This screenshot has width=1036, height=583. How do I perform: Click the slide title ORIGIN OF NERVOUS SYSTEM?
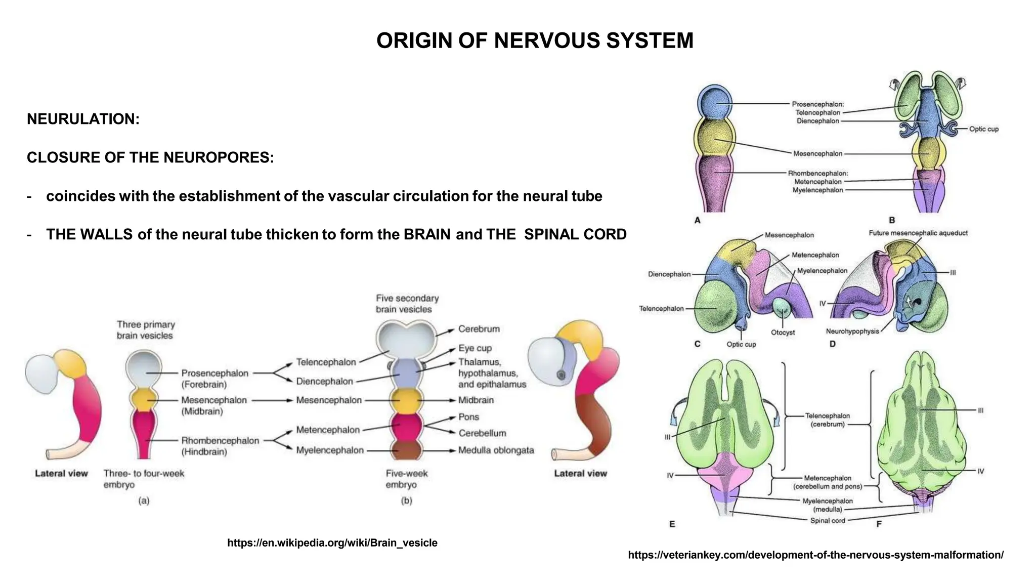click(535, 41)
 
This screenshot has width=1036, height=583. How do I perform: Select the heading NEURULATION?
click(83, 119)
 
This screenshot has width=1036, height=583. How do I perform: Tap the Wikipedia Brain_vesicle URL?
click(332, 543)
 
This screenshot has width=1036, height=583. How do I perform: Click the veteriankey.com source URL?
click(815, 555)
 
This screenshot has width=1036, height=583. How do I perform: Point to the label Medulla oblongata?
click(496, 450)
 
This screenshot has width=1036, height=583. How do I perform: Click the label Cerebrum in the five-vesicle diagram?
click(479, 329)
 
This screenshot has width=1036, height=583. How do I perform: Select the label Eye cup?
click(474, 348)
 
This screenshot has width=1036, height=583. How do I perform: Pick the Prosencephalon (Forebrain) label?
click(214, 379)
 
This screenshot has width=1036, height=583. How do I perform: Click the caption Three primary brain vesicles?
click(145, 330)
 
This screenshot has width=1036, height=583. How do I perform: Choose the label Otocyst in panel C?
click(783, 332)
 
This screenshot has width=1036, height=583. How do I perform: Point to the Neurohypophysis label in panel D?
click(852, 331)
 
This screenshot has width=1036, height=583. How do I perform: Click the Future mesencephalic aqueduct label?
click(918, 233)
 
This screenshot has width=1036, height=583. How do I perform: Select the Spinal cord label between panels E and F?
click(828, 520)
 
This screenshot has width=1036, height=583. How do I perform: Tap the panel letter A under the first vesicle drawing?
click(697, 220)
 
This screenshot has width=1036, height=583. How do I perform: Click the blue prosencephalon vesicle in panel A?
click(714, 102)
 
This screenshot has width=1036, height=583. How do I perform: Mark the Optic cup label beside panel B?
click(983, 129)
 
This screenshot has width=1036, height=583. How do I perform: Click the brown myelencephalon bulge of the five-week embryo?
click(407, 449)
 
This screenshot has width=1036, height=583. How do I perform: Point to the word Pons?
click(468, 417)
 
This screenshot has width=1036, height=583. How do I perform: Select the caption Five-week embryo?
click(406, 479)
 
